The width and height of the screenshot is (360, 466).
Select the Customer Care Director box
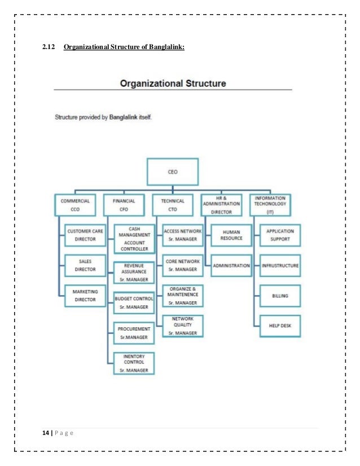coord(86,235)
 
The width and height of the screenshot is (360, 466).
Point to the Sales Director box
coord(86,266)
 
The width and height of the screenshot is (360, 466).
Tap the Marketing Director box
coord(86,296)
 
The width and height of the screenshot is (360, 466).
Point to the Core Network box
coord(182,265)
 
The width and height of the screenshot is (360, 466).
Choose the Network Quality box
coord(182,326)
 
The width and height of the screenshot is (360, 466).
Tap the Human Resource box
coord(232,235)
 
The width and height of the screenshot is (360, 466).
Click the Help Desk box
coord(280,326)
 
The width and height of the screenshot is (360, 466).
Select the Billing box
coord(280,296)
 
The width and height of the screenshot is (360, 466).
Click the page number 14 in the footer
coord(45,433)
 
